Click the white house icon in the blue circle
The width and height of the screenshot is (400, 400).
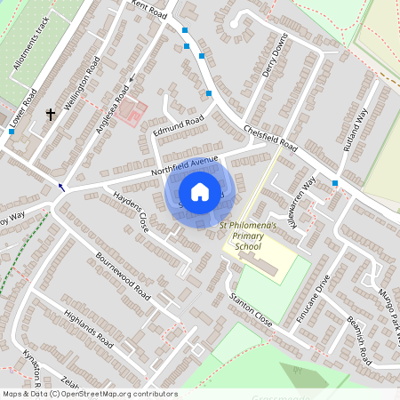click(200, 192)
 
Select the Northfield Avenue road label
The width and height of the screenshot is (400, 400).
click(184, 165)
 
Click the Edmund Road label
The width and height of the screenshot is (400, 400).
click(179, 125)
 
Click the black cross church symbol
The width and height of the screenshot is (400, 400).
click(51, 114)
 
